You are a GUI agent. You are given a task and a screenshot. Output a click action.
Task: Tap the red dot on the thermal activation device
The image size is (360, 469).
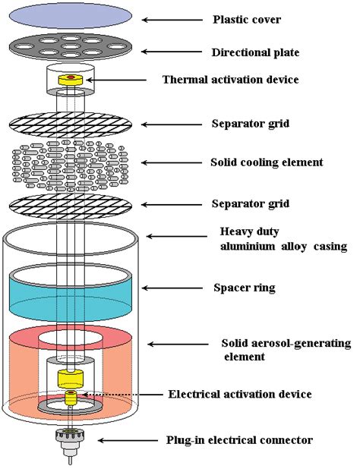click(x=71, y=78)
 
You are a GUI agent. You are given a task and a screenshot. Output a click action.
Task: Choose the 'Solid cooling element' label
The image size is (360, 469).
click(x=267, y=162)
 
